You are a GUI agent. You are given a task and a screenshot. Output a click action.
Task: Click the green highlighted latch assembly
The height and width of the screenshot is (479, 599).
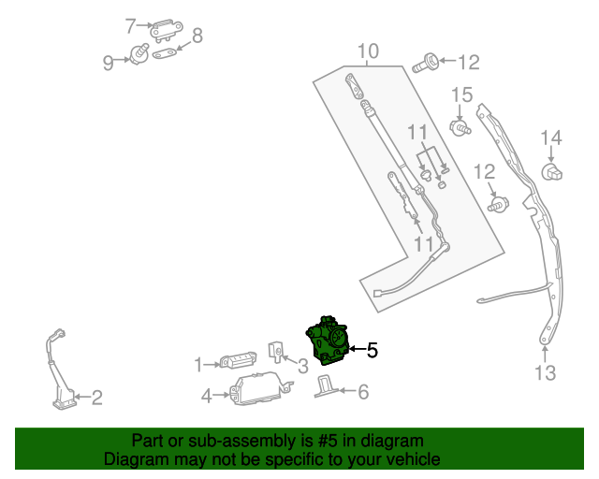[x=327, y=343]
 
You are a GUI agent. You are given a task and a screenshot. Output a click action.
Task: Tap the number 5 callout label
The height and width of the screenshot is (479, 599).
[x=372, y=352]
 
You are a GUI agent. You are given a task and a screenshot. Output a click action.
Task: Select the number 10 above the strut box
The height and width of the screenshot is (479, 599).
[x=368, y=51]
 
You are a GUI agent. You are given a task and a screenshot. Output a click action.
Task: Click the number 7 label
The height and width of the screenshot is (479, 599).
[x=131, y=25]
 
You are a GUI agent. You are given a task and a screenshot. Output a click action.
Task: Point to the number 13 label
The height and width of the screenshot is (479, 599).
[x=545, y=373]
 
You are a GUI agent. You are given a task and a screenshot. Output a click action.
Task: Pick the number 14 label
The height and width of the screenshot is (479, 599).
[x=550, y=139]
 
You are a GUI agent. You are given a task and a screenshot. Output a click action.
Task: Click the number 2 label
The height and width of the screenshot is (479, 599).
[x=96, y=399]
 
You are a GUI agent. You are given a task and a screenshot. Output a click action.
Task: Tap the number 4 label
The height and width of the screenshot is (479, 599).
[x=206, y=396]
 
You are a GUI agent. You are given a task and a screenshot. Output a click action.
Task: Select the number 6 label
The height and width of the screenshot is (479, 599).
[x=363, y=392]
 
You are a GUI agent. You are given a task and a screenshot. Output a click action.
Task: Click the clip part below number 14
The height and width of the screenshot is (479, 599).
[x=552, y=171]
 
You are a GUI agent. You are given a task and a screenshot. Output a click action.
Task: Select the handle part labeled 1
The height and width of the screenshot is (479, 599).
[x=238, y=361]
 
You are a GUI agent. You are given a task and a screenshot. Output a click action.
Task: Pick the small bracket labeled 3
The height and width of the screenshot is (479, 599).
[x=277, y=351]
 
